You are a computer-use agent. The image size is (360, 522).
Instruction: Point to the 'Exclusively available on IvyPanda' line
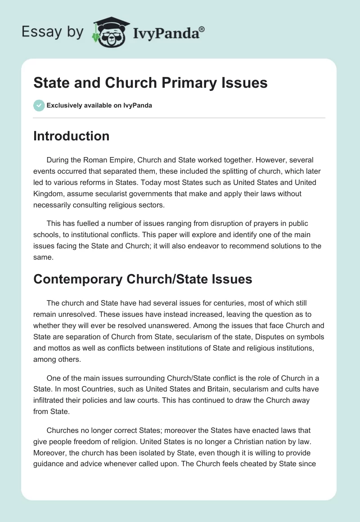[99, 105]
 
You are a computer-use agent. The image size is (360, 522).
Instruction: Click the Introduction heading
[71, 136]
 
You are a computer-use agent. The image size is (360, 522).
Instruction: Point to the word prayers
[265, 223]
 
